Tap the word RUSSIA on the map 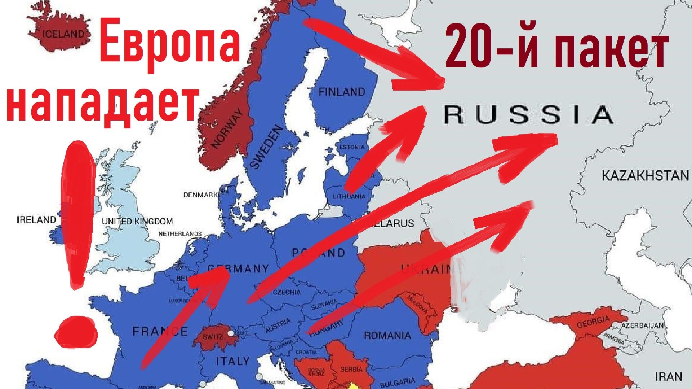(528, 114)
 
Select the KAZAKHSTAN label (644, 176)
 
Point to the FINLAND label (342, 92)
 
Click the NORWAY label (227, 129)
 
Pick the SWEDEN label (266, 147)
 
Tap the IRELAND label (36, 219)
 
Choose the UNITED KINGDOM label (137, 221)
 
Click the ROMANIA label (387, 336)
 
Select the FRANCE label (160, 331)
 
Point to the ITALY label (233, 360)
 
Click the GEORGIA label (593, 322)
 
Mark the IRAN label (669, 377)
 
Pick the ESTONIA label (352, 147)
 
